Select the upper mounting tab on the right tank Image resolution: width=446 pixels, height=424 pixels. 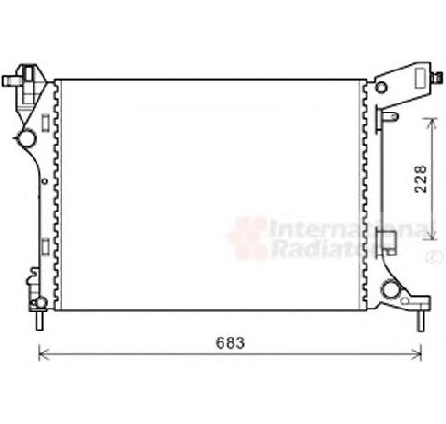pos(388,116)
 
